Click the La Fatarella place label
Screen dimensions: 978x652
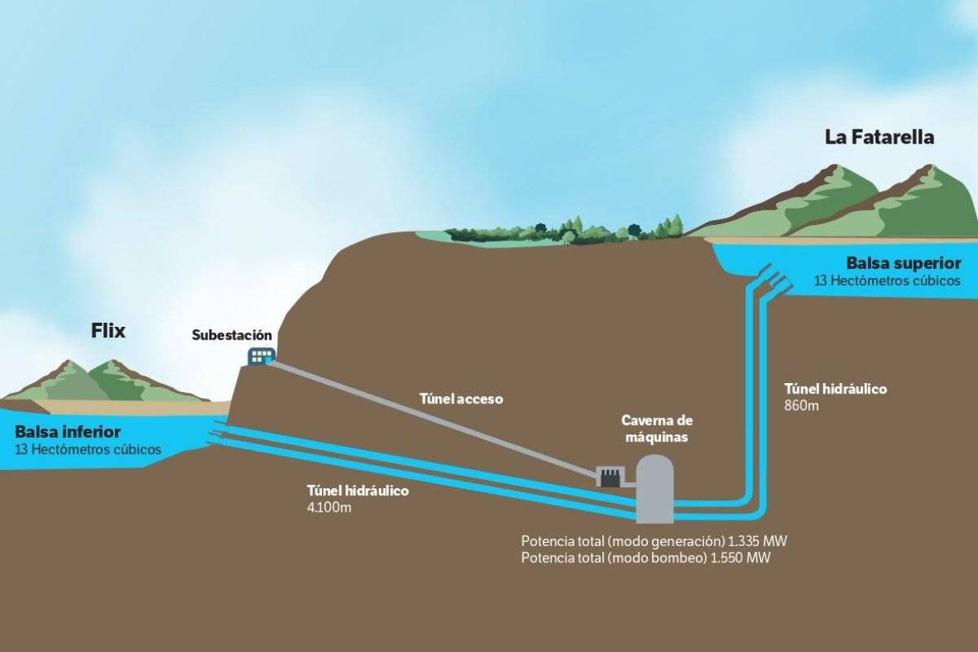pyautogui.click(x=879, y=138)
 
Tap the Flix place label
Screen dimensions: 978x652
pyautogui.click(x=108, y=331)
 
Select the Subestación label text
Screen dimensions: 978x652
pyautogui.click(x=231, y=336)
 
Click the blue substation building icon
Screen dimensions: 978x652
pyautogui.click(x=262, y=356)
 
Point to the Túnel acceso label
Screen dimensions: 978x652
pyautogui.click(x=461, y=399)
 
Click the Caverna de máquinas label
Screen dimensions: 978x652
pyautogui.click(x=657, y=429)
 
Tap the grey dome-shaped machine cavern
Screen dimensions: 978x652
pyautogui.click(x=654, y=489)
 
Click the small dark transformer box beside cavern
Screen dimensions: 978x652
pyautogui.click(x=611, y=477)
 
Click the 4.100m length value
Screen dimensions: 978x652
pyautogui.click(x=328, y=508)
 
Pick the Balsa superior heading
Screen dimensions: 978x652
pyautogui.click(x=904, y=263)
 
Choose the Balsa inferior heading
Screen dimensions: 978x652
pyautogui.click(x=68, y=432)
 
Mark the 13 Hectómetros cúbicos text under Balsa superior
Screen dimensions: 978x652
pyautogui.click(x=888, y=280)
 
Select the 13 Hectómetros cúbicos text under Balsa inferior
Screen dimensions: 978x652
pyautogui.click(x=88, y=449)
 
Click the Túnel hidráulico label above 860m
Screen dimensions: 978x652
pyautogui.click(x=835, y=389)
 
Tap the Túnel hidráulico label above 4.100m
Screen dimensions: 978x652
pyautogui.click(x=358, y=491)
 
